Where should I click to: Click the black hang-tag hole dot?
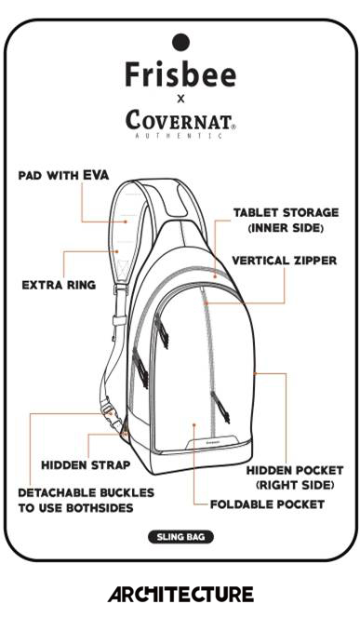180,42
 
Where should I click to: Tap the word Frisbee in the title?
180,74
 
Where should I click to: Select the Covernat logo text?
180,119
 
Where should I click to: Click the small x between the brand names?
180,99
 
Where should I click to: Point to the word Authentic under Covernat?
179,136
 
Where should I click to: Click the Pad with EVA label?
63,176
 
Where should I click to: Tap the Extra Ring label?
59,286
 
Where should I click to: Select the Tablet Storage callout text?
286,221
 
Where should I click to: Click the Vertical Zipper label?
285,261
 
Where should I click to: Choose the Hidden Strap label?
86,465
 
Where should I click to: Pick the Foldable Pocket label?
268,504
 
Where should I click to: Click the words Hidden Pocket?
295,470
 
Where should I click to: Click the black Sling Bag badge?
180,537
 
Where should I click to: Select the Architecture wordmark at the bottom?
180,594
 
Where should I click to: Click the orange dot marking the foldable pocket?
193,424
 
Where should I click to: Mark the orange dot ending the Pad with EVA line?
126,222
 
